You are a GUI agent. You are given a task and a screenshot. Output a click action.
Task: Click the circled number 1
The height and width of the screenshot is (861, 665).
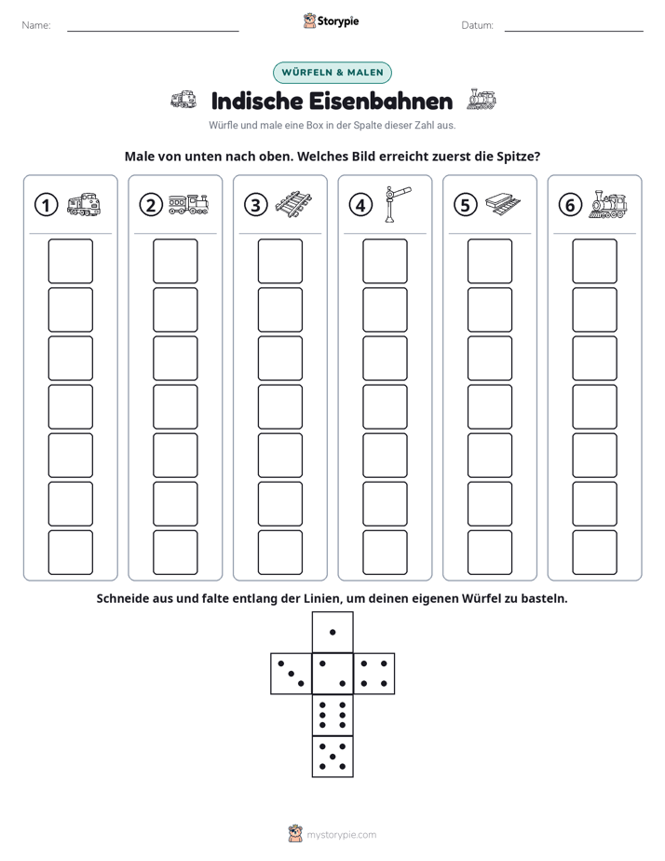point(46,205)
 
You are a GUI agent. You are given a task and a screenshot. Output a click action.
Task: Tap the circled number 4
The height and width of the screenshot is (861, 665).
point(360,205)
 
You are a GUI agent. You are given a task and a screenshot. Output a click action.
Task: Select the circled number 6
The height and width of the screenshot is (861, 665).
point(570,205)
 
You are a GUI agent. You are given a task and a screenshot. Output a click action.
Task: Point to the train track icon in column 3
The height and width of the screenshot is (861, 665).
point(293,205)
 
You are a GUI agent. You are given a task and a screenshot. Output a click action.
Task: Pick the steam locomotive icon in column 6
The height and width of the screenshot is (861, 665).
point(608,204)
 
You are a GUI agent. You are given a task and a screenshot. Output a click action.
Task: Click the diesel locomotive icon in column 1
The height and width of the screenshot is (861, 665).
point(84,204)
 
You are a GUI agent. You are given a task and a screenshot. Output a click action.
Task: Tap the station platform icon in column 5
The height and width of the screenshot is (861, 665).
point(503,204)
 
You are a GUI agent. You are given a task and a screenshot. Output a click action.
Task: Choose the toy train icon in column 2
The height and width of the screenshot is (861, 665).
point(189,204)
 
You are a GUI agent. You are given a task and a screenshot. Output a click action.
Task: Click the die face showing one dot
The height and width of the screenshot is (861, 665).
point(332,633)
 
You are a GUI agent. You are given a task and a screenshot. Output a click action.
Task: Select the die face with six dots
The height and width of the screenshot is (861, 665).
point(332,715)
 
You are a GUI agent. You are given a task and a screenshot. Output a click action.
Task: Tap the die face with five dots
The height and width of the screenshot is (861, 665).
point(332,756)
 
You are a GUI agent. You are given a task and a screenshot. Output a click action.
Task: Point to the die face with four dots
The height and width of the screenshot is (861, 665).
point(374,674)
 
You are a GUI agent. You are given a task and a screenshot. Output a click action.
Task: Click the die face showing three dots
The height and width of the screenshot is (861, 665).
point(292,674)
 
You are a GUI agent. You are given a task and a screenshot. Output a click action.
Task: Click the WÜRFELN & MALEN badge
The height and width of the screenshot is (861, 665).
point(332,73)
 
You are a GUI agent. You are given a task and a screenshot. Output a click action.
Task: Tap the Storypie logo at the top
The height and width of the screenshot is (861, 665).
point(332,20)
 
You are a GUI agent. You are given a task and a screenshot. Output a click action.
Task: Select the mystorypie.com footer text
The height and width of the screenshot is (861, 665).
point(341,835)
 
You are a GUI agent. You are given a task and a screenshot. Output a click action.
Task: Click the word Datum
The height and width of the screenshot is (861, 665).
point(477,25)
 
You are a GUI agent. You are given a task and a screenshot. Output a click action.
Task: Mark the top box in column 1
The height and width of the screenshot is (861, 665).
point(70,261)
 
